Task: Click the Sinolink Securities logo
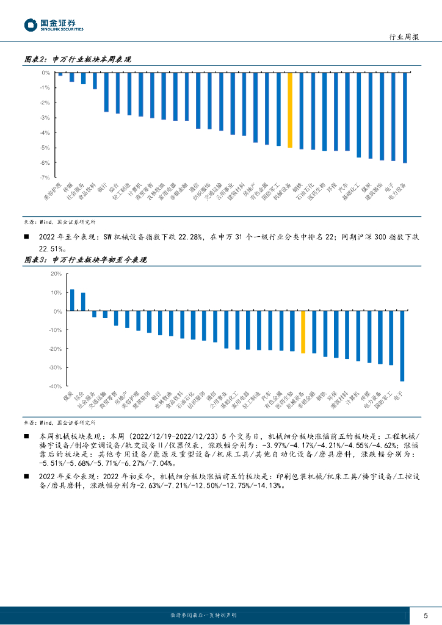[x=54, y=25]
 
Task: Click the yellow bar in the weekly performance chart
[x=290, y=110]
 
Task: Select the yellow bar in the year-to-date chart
[x=303, y=332]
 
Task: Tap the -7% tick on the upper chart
[x=45, y=178]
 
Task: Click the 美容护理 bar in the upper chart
[x=60, y=74]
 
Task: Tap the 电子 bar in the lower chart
[x=402, y=346]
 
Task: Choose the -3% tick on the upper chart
[x=45, y=118]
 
